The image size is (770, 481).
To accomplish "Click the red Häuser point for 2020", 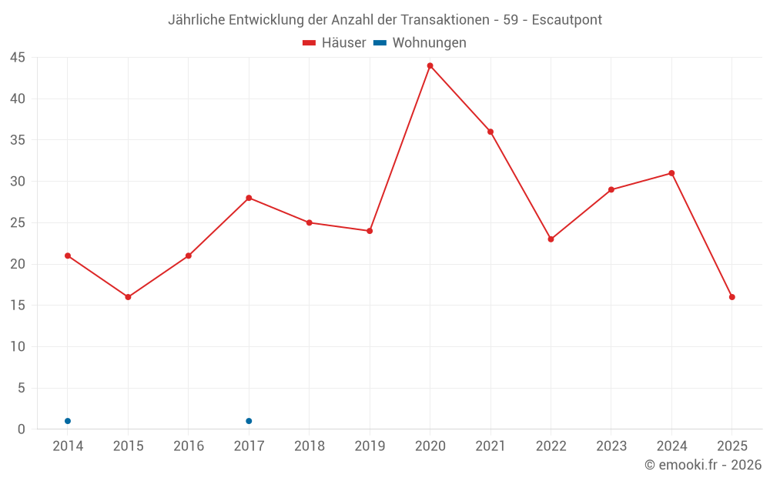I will pyautogui.click(x=430, y=65).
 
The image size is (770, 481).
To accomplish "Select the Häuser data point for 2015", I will pyautogui.click(x=128, y=297).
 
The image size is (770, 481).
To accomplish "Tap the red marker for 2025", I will pyautogui.click(x=731, y=297).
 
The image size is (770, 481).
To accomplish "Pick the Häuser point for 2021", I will pyautogui.click(x=490, y=132).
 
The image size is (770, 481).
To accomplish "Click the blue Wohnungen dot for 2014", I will pyautogui.click(x=68, y=421).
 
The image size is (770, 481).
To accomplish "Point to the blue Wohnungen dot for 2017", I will pyautogui.click(x=249, y=421).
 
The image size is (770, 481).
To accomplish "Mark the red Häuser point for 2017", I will pyautogui.click(x=249, y=198).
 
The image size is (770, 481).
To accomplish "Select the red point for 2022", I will pyautogui.click(x=551, y=239).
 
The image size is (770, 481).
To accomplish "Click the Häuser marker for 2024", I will pyautogui.click(x=671, y=173).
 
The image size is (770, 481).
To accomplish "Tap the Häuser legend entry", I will pyautogui.click(x=334, y=43).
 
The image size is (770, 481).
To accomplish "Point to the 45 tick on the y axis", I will pyautogui.click(x=18, y=58).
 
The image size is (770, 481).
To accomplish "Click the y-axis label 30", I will pyautogui.click(x=18, y=182).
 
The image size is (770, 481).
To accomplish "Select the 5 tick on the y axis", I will pyautogui.click(x=22, y=388).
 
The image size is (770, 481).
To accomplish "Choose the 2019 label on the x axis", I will pyautogui.click(x=370, y=446).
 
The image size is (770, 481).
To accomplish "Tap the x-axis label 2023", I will pyautogui.click(x=611, y=446).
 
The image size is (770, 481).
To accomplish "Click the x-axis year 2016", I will pyautogui.click(x=189, y=446).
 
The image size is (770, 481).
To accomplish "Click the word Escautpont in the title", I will pyautogui.click(x=567, y=20).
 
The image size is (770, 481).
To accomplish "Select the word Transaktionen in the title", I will pyautogui.click(x=445, y=20).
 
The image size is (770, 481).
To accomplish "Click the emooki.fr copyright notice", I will pyautogui.click(x=702, y=465).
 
